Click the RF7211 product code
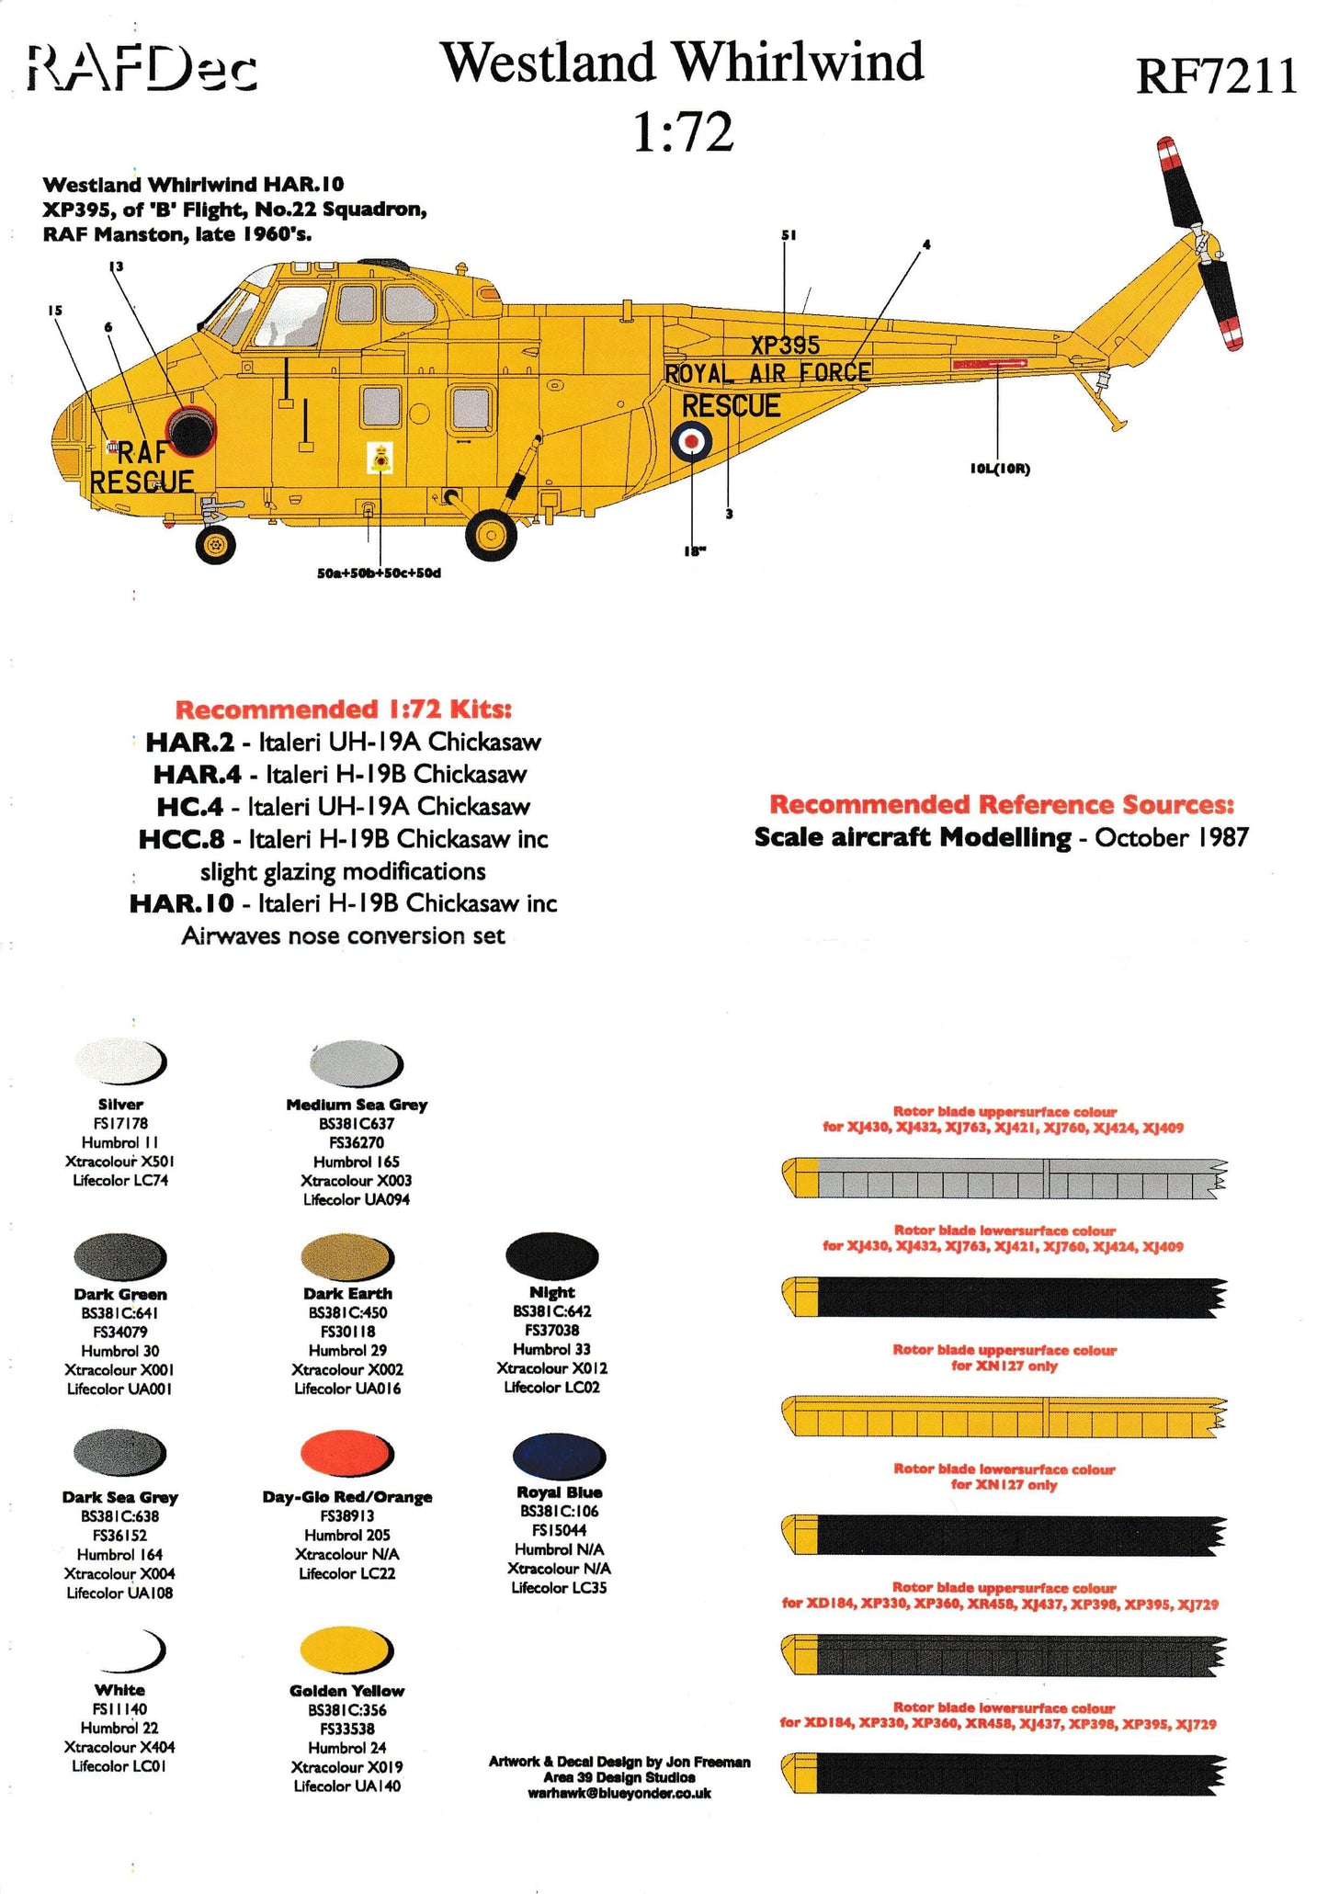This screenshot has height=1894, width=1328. click(x=1216, y=75)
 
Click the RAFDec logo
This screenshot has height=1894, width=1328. click(x=142, y=70)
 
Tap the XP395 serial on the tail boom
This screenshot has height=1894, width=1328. click(x=784, y=346)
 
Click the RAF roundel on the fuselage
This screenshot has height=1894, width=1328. click(x=691, y=442)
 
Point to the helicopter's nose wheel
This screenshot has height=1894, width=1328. click(x=216, y=544)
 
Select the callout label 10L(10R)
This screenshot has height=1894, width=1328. click(x=1000, y=469)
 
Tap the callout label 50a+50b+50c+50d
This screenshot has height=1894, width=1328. click(x=379, y=573)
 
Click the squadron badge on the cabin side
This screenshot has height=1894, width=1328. click(x=379, y=457)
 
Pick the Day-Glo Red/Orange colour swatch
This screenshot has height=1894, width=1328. click(x=346, y=1453)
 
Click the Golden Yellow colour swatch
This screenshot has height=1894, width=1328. click(x=346, y=1649)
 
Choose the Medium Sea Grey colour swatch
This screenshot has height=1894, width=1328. click(x=356, y=1063)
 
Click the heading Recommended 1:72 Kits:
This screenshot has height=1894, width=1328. click(x=343, y=709)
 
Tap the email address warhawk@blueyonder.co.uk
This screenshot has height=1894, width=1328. click(x=619, y=1793)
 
